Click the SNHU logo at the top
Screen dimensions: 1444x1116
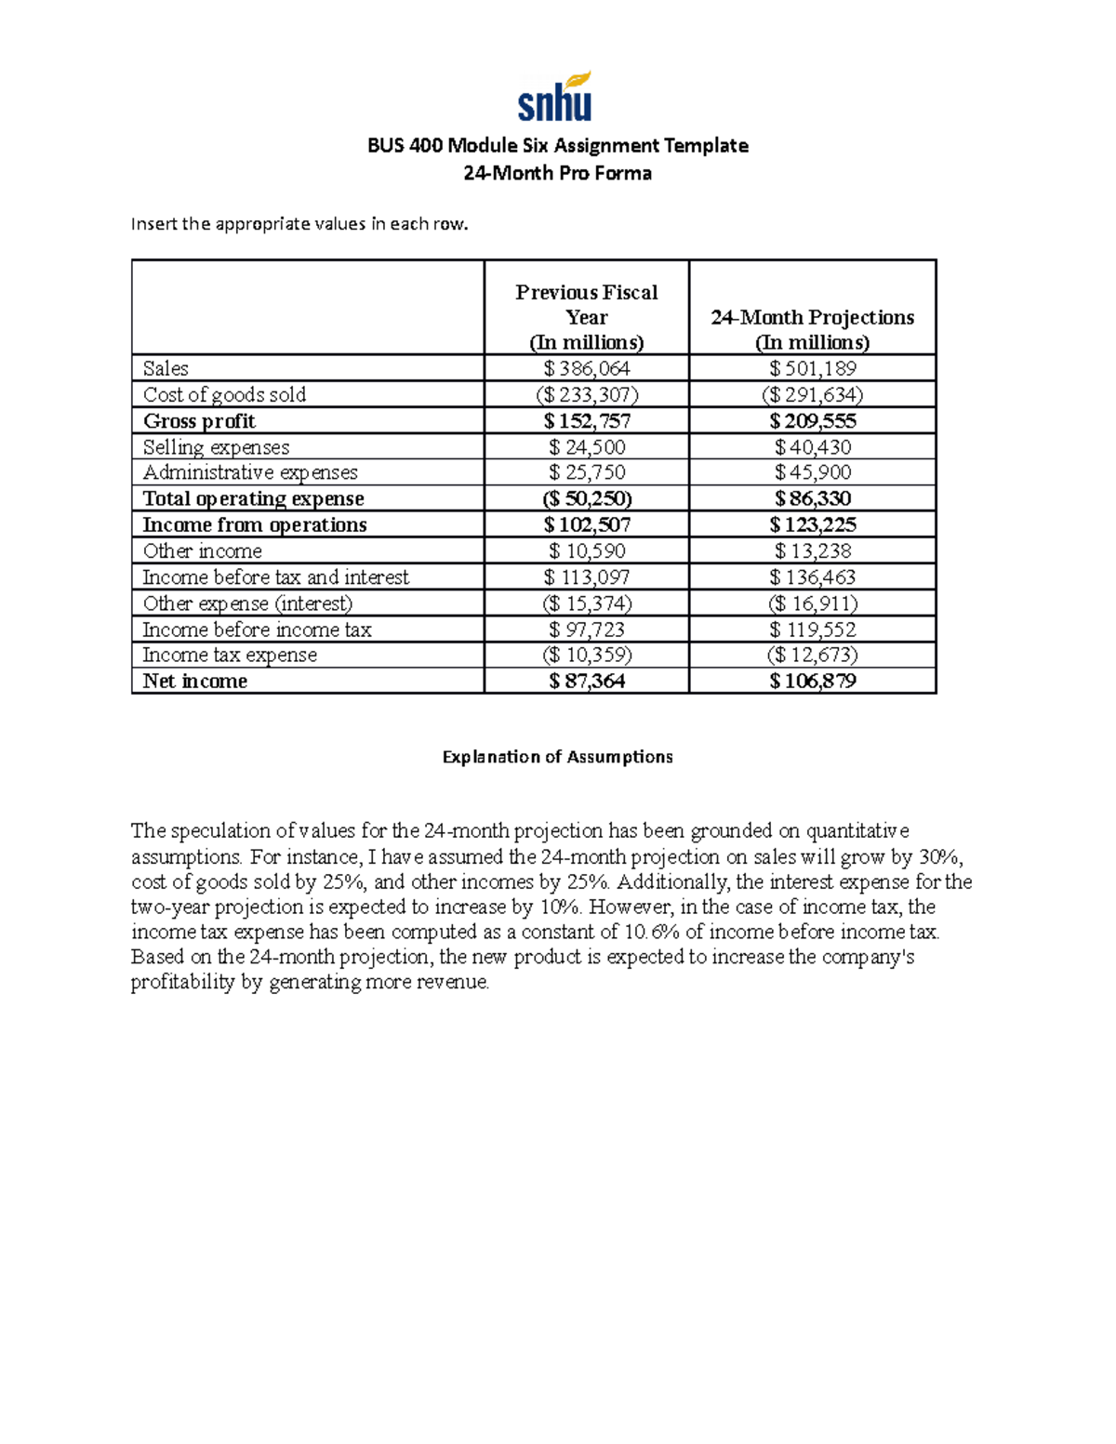coord(555,98)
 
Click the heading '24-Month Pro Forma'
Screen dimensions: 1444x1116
coord(557,173)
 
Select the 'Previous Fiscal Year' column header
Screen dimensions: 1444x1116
coord(586,317)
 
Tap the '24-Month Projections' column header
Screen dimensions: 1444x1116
coord(812,329)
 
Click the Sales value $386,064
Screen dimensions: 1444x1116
coord(587,368)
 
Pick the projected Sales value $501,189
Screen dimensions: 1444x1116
coord(813,368)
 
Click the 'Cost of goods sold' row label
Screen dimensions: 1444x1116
coord(224,394)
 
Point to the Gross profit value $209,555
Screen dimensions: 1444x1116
coord(813,420)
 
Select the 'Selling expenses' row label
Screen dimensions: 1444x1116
coord(216,447)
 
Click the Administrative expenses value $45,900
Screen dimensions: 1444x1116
coord(813,472)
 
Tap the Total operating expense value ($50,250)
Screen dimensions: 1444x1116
coord(587,498)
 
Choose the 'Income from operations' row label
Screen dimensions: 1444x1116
coord(254,524)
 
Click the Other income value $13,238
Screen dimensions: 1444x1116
coord(813,550)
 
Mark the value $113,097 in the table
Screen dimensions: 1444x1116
coord(587,577)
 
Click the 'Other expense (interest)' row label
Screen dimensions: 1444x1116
coord(247,603)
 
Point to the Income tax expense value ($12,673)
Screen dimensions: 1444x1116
coord(813,655)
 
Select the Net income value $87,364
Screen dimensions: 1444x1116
coord(587,681)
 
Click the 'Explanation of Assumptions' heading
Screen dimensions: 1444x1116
coord(557,757)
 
